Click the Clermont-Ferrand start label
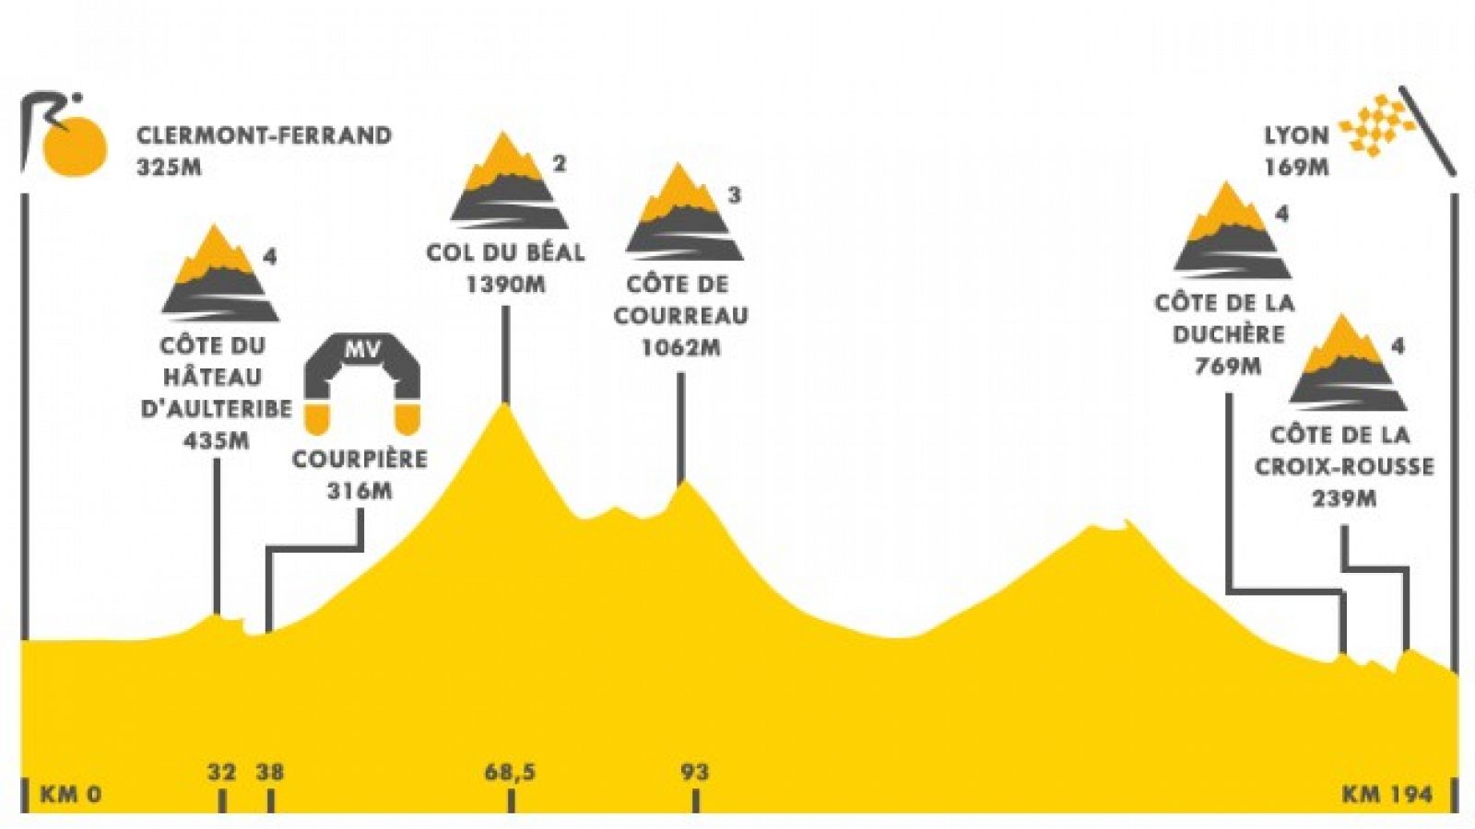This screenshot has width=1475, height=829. (264, 135)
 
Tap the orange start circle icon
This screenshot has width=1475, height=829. (74, 147)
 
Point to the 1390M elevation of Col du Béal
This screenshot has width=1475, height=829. (506, 285)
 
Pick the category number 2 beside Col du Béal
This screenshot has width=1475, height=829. (559, 163)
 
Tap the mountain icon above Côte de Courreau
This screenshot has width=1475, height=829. (684, 212)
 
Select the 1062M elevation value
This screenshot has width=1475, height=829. (681, 348)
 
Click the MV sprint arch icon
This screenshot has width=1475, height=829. (361, 384)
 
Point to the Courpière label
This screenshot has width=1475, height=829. (360, 460)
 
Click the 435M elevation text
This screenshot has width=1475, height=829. (217, 440)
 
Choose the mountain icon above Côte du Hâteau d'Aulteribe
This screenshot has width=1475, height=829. (220, 273)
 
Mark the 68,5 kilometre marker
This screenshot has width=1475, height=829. (510, 773)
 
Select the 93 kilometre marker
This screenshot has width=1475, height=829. (695, 773)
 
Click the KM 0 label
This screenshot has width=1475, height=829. (71, 795)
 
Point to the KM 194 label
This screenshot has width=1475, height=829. (1387, 795)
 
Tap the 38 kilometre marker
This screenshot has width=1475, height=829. (270, 773)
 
